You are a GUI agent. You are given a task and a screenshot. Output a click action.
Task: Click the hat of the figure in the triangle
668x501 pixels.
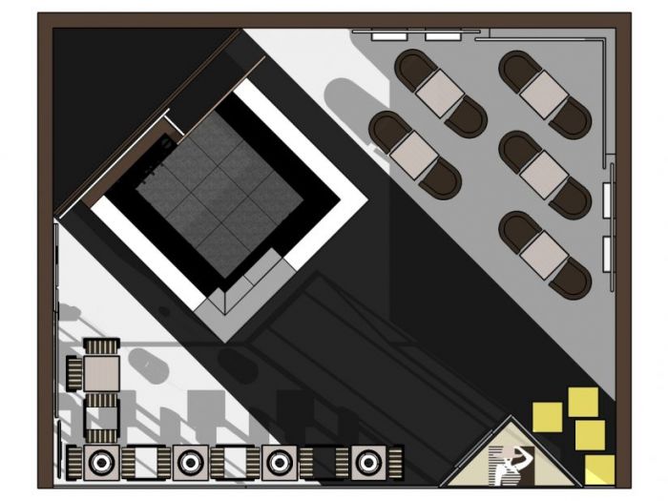click(x=521, y=452)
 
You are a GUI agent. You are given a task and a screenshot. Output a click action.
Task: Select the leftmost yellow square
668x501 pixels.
click(x=547, y=416)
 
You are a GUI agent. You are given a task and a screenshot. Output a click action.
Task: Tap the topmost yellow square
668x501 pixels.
click(x=583, y=402)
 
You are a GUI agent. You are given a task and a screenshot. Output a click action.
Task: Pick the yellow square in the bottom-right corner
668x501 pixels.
click(x=600, y=469)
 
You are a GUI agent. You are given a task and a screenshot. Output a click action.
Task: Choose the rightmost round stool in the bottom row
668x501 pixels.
click(x=367, y=463)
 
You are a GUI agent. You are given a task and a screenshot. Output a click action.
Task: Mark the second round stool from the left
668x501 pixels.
click(x=189, y=463)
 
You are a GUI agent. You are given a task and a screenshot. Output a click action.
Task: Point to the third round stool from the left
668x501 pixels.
click(x=278, y=463)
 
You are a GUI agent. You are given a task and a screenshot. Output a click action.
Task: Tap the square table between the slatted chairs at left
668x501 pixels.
click(x=101, y=373)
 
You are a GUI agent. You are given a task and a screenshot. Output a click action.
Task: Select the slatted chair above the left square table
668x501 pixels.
click(x=100, y=345)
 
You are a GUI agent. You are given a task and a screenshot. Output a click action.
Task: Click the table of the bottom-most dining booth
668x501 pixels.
click(x=545, y=254)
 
